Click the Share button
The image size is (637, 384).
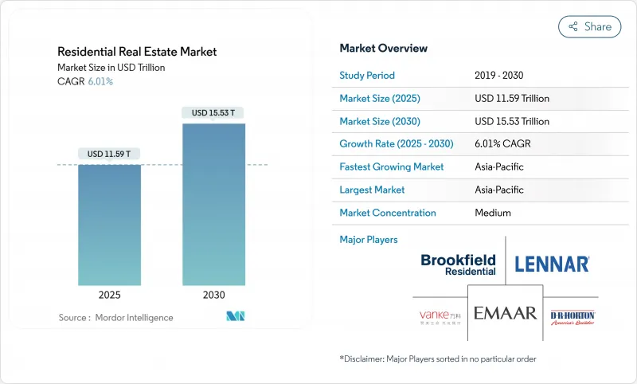pyautogui.click(x=589, y=26)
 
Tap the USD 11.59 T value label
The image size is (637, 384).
pyautogui.click(x=109, y=153)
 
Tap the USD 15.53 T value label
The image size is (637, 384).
pyautogui.click(x=213, y=112)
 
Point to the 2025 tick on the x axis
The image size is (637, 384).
pyautogui.click(x=109, y=295)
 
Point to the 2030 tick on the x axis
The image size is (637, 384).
pyautogui.click(x=213, y=295)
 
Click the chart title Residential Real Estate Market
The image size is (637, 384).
pyautogui.click(x=137, y=52)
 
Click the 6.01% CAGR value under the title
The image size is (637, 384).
pyautogui.click(x=100, y=81)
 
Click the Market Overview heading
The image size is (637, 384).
pyautogui.click(x=383, y=49)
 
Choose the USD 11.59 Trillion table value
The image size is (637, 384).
pyautogui.click(x=511, y=99)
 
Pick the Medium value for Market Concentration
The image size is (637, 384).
pyautogui.click(x=492, y=213)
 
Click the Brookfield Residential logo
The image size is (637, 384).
pyautogui.click(x=458, y=264)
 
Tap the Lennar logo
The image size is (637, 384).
pyautogui.click(x=552, y=264)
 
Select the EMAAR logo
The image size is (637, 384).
pyautogui.click(x=505, y=313)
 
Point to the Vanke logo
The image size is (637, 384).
pyautogui.click(x=440, y=318)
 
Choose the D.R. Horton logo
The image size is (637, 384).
pyautogui.click(x=573, y=317)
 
